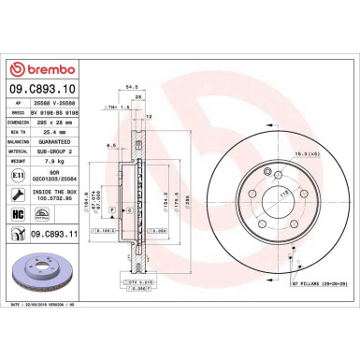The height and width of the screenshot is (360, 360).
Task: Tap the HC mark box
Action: click(x=19, y=214)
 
